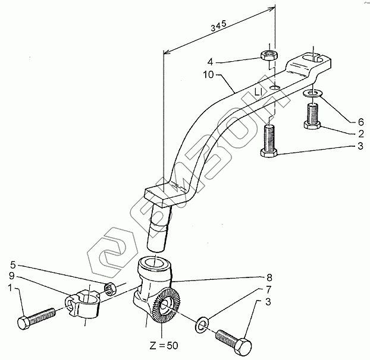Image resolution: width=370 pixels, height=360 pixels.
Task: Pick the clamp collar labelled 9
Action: click(x=84, y=300)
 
